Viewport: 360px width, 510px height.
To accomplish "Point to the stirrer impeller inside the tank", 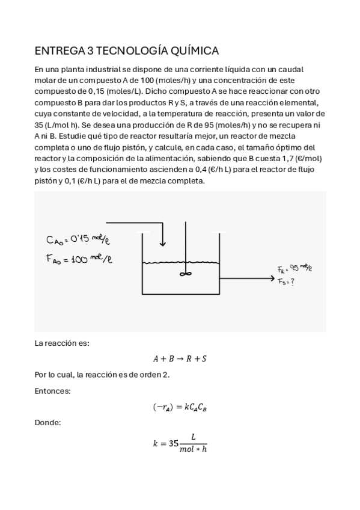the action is [185, 273].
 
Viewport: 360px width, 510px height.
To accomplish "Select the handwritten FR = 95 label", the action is [295, 269].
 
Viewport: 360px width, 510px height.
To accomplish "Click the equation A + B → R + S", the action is [180, 359].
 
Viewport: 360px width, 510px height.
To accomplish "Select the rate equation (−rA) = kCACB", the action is [180, 407].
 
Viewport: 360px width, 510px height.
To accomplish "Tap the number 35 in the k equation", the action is [174, 444].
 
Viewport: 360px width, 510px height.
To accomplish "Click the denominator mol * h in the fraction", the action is [193, 450].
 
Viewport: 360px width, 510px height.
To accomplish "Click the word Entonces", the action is [52, 391].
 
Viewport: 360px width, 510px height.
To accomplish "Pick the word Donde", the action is [48, 423].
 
